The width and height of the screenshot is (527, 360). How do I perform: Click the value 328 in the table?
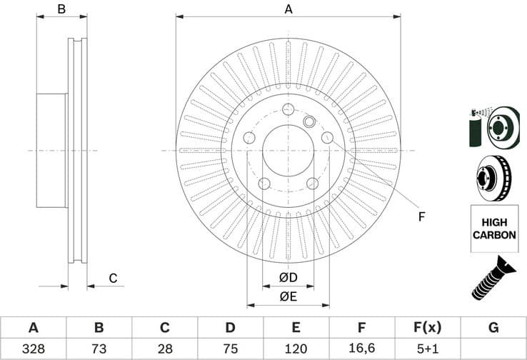click(x=33, y=349)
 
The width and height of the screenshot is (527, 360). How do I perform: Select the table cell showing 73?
click(x=99, y=349)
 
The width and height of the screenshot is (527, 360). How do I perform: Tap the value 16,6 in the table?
click(x=362, y=349)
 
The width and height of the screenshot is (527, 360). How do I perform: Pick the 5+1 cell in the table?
click(x=427, y=349)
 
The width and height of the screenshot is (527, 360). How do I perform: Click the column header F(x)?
click(x=427, y=328)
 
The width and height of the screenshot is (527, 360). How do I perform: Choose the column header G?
click(x=493, y=328)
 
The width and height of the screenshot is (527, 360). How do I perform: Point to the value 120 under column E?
click(x=296, y=349)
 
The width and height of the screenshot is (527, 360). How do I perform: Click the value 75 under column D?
click(x=230, y=349)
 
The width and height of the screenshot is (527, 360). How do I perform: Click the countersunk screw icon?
click(x=492, y=279)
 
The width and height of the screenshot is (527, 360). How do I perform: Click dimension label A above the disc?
click(x=288, y=9)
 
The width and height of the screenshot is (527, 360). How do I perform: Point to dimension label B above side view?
click(x=61, y=9)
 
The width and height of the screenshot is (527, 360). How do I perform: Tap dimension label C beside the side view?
click(x=112, y=279)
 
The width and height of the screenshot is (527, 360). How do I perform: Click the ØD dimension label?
click(x=288, y=277)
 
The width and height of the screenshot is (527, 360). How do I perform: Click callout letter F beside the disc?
click(x=421, y=216)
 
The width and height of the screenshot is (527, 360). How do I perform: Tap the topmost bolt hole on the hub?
click(x=288, y=109)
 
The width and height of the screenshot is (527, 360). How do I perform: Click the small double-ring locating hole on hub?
click(x=309, y=121)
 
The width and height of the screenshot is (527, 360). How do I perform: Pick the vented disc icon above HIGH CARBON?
click(x=492, y=177)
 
